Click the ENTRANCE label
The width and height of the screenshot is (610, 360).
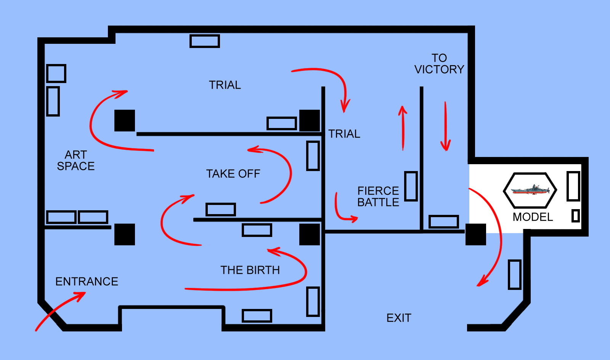(x=87, y=282)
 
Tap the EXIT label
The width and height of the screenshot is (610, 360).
(x=399, y=318)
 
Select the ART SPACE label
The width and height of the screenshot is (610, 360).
(x=76, y=160)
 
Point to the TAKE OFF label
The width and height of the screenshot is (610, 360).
(x=233, y=174)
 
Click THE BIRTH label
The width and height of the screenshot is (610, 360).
(x=250, y=270)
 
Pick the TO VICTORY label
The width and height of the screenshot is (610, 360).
(x=439, y=64)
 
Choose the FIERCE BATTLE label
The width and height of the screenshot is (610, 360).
(x=378, y=197)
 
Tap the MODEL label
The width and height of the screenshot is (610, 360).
(x=533, y=217)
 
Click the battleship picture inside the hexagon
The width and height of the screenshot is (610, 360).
(x=530, y=190)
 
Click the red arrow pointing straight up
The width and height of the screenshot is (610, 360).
(x=403, y=128)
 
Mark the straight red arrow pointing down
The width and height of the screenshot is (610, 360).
(x=446, y=126)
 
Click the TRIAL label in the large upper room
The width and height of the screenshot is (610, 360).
(x=225, y=85)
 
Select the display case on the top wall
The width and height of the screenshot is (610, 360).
(x=205, y=41)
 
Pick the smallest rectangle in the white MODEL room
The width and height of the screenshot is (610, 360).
(x=575, y=216)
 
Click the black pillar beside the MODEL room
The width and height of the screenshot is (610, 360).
(x=476, y=234)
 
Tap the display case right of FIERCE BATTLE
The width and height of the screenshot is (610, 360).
(x=411, y=186)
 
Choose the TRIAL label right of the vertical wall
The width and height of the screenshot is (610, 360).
(x=344, y=134)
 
